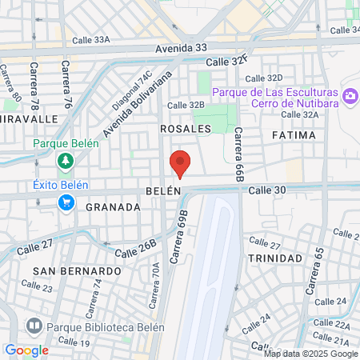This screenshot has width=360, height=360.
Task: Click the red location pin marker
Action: pyautogui.click(x=180, y=162)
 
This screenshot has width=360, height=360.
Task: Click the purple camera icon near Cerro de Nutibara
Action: pyautogui.click(x=350, y=97)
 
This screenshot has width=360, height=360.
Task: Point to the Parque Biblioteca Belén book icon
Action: pyautogui.click(x=34, y=326)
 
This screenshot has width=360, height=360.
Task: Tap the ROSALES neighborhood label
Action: pyautogui.click(x=185, y=128)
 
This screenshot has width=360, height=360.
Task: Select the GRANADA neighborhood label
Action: pyautogui.click(x=113, y=206)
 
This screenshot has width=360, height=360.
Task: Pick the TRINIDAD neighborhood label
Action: pyautogui.click(x=274, y=258)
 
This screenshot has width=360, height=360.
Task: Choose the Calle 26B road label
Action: pyautogui.click(x=138, y=249)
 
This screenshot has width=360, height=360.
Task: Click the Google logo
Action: pyautogui.click(x=26, y=350)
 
